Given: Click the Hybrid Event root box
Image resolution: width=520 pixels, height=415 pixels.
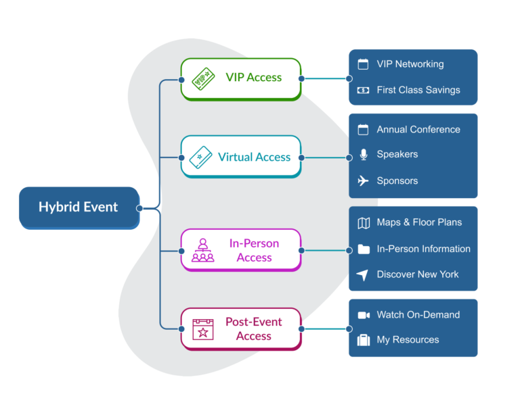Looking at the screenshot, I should (79, 207).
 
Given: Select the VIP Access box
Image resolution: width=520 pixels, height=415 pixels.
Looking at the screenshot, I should (240, 78).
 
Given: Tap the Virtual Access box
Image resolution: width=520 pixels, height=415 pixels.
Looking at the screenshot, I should (240, 157).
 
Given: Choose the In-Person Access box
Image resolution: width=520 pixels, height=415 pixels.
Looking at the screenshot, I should (240, 250).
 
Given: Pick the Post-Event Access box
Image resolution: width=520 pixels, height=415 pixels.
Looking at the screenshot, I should (240, 328).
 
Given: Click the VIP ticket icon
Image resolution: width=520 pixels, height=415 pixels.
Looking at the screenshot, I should (203, 78).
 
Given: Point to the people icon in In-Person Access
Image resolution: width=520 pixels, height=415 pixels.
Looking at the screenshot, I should (202, 250).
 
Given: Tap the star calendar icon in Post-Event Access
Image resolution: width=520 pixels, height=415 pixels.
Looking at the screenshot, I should (202, 329).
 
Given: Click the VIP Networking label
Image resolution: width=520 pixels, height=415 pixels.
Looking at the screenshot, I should (410, 64).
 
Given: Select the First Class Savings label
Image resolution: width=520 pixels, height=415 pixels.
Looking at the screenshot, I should (418, 90).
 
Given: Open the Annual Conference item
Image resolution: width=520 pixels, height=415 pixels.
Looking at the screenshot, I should (418, 129).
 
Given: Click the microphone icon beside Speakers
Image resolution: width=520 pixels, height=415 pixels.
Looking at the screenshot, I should (364, 155).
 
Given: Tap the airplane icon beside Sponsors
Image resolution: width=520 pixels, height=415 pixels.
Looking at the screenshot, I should (364, 180).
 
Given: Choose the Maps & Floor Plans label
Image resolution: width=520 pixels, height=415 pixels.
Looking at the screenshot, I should (419, 222).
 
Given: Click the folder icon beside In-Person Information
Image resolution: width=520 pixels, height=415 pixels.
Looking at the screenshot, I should (364, 249).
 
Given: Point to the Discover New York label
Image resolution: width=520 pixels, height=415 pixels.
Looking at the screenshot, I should (417, 274).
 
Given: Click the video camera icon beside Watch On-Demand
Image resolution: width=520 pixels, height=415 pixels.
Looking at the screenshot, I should (364, 315).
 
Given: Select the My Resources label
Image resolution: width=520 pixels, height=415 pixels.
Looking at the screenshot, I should (408, 340).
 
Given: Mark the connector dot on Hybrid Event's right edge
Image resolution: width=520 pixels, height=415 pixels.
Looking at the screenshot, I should (139, 208).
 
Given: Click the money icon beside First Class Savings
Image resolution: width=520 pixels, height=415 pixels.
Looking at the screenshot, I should (364, 90).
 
